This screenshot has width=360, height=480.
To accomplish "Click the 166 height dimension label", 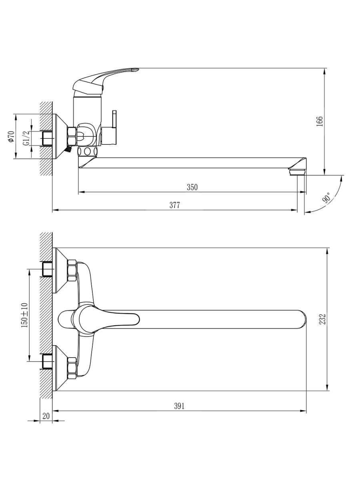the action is tap(319, 121).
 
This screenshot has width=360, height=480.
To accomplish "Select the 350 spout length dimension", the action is tap(192, 187).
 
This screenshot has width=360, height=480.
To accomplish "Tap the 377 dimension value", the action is tap(175, 205).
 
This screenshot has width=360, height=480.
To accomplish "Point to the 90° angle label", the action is tap(326, 198).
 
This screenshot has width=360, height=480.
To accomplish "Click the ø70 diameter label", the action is tap(11, 136).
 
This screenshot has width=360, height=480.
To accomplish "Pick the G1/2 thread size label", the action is tap(26, 138).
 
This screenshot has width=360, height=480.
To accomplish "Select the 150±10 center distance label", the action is tap(25, 315).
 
